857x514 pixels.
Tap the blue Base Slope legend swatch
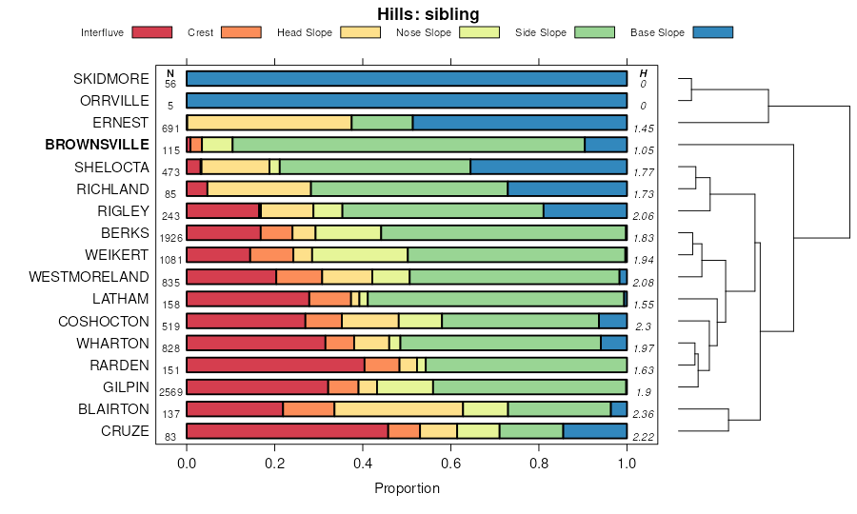pyautogui.click(x=713, y=32)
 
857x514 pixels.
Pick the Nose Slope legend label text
pyautogui.click(x=423, y=32)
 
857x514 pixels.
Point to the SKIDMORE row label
pyautogui.click(x=111, y=78)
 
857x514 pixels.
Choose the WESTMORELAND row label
pyautogui.click(x=90, y=277)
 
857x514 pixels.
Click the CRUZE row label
pyautogui.click(x=126, y=431)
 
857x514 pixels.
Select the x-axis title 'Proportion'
pyautogui.click(x=407, y=488)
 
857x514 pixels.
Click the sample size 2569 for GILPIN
pyautogui.click(x=170, y=392)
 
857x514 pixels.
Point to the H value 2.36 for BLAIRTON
pyautogui.click(x=645, y=414)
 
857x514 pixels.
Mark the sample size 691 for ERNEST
pyautogui.click(x=170, y=128)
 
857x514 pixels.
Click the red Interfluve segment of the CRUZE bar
pyautogui.click(x=287, y=431)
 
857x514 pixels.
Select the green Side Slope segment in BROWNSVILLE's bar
pyautogui.click(x=409, y=145)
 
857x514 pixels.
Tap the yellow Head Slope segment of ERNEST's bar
pyautogui.click(x=269, y=122)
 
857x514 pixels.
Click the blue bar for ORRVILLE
pyautogui.click(x=407, y=100)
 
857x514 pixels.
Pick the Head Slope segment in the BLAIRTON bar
pyautogui.click(x=398, y=409)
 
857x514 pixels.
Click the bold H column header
pyautogui.click(x=644, y=73)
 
